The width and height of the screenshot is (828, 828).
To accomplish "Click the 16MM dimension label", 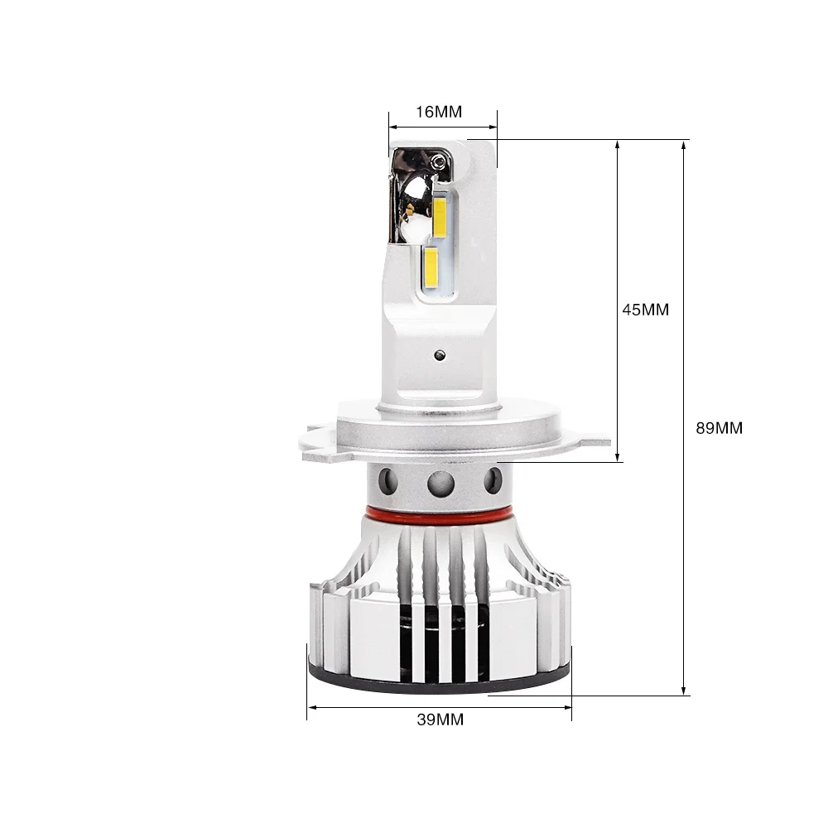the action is (x=439, y=112).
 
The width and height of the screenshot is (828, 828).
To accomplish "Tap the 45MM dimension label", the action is (x=645, y=310).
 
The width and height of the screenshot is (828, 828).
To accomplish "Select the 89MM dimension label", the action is (x=720, y=428).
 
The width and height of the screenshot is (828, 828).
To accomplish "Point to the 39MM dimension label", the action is (x=440, y=720).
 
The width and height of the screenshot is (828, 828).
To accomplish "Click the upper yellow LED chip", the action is (x=440, y=218).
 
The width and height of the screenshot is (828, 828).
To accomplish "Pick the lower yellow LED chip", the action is (x=431, y=269).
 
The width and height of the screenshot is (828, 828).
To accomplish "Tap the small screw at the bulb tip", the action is (x=436, y=162).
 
